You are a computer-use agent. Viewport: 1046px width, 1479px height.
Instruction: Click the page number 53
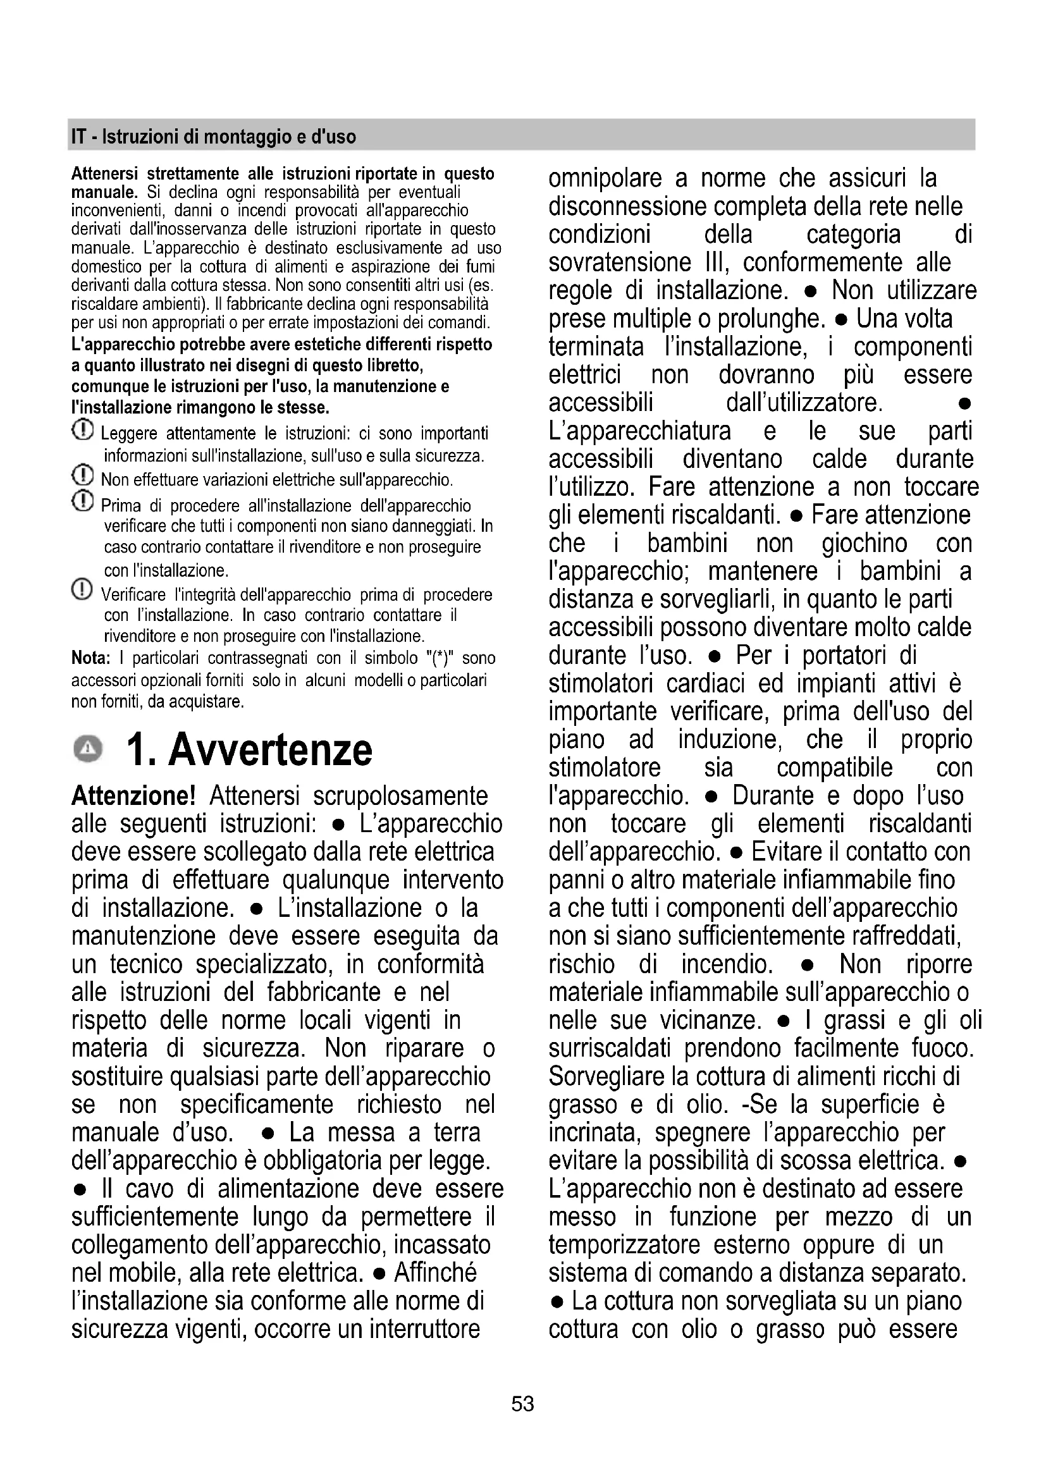(x=522, y=1404)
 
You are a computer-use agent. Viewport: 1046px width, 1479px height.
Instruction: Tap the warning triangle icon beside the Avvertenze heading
(x=88, y=749)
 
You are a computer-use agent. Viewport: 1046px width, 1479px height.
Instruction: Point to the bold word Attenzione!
(x=133, y=796)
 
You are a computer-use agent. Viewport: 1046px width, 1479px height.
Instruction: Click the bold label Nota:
(x=90, y=658)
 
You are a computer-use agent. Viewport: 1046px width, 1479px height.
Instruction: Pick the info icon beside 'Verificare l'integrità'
(x=82, y=589)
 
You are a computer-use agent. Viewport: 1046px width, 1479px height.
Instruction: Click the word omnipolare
(x=605, y=178)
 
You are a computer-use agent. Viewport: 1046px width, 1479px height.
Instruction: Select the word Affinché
(x=435, y=1273)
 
